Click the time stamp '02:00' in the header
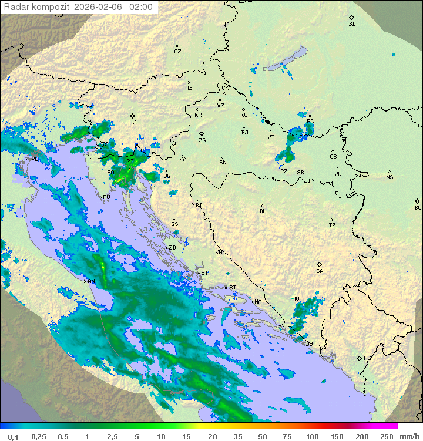click(x=140, y=7)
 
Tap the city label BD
click(x=352, y=24)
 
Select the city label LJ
click(x=133, y=123)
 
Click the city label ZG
click(x=202, y=140)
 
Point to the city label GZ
click(x=177, y=52)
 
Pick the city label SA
click(x=320, y=271)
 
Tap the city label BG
click(x=418, y=208)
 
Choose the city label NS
click(x=390, y=177)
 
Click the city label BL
click(x=263, y=211)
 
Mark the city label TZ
click(x=332, y=225)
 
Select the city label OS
click(x=333, y=157)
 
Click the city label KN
click(x=219, y=253)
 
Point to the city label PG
click(x=367, y=358)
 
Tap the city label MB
click(x=189, y=88)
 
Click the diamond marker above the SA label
click(x=320, y=264)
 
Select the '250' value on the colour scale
click(x=387, y=436)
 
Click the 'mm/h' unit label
click(x=409, y=436)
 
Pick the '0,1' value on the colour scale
click(x=12, y=436)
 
